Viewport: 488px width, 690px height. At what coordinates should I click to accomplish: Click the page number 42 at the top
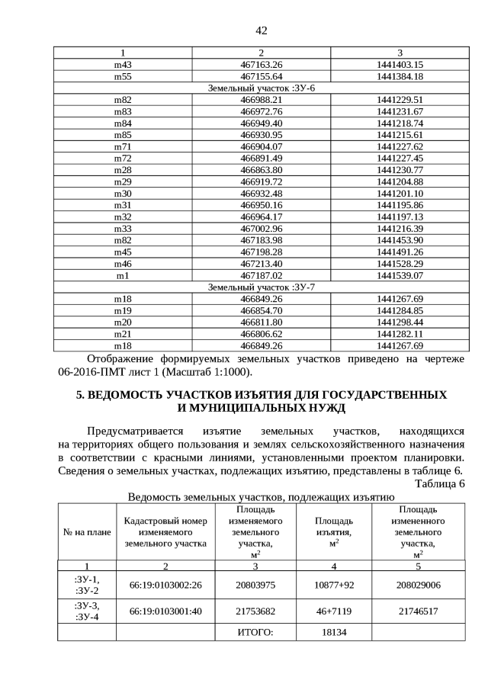pos(262,30)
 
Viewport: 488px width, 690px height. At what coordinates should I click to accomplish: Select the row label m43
pos(123,65)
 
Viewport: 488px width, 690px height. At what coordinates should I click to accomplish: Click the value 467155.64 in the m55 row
pos(262,77)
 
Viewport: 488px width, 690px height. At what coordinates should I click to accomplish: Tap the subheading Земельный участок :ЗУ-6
pos(262,88)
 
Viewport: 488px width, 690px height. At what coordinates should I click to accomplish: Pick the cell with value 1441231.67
pos(400,111)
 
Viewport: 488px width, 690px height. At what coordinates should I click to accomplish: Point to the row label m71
pos(123,146)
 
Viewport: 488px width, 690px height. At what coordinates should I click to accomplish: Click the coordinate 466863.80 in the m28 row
pos(262,170)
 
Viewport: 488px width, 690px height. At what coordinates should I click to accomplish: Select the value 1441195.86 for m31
pos(400,205)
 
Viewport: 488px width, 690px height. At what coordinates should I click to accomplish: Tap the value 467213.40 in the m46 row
pos(262,263)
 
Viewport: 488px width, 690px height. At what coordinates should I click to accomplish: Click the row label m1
pos(123,274)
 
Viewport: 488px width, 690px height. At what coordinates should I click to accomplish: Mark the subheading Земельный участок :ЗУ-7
pos(262,287)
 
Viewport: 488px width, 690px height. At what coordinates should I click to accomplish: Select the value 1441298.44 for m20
pos(400,322)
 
